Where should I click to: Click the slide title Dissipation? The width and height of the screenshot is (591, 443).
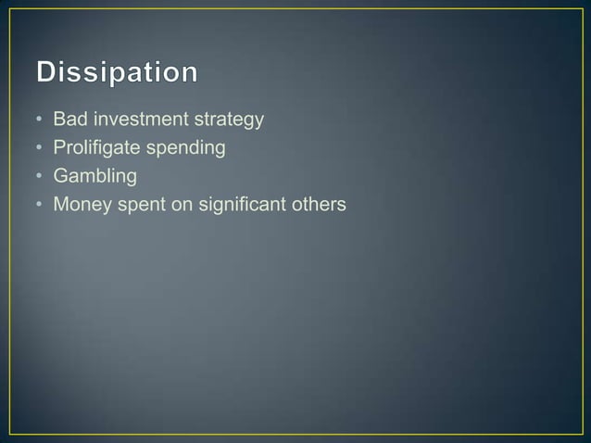click(x=118, y=73)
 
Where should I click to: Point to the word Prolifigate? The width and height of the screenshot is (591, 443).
click(x=92, y=147)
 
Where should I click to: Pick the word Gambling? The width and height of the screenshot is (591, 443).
click(x=94, y=176)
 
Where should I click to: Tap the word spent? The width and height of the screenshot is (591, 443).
click(x=137, y=205)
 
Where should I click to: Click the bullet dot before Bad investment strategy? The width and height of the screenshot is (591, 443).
click(x=39, y=120)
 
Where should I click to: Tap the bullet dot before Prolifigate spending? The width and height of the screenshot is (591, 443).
click(x=39, y=148)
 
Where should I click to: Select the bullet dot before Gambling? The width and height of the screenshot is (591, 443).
click(x=39, y=176)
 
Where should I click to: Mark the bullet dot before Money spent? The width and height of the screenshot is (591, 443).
click(x=39, y=204)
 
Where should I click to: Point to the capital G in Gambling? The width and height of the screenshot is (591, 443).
click(x=61, y=175)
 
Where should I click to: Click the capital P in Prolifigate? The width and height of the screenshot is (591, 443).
click(x=59, y=147)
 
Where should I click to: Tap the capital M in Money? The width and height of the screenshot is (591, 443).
click(x=61, y=203)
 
